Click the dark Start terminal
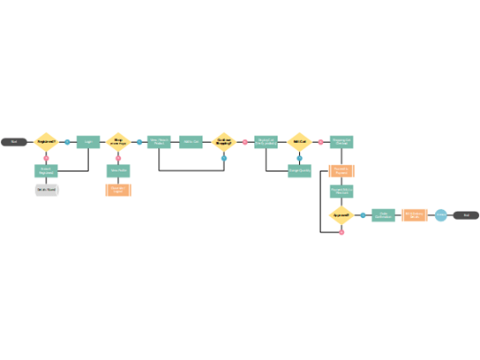click(13, 141)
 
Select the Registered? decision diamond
click(46, 141)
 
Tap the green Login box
click(88, 141)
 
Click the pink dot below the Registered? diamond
click(46, 159)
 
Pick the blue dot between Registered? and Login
click(67, 141)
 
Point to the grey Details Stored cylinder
click(47, 190)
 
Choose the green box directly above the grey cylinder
click(47, 170)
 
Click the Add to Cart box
click(191, 141)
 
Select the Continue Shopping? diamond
click(224, 141)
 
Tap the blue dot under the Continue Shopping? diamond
click(224, 158)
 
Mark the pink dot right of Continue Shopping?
click(245, 141)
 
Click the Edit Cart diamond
click(299, 141)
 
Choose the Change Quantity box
click(299, 170)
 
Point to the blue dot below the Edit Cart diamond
click(299, 158)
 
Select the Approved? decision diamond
click(341, 214)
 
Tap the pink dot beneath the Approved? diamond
click(341, 232)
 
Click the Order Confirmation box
click(383, 214)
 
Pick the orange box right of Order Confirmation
click(415, 214)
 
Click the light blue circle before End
click(440, 214)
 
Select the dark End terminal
click(466, 214)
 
